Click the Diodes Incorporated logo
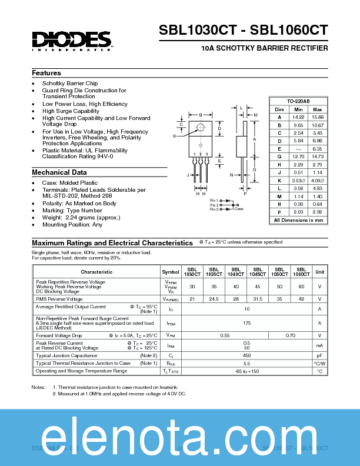click(72, 40)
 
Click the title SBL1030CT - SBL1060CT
click(243, 31)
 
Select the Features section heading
click(46, 73)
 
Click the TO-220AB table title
click(298, 101)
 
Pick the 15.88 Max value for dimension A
click(318, 118)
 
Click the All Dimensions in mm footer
click(298, 220)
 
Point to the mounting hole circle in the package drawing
click(201, 127)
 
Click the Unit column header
click(320, 272)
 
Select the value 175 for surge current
click(246, 323)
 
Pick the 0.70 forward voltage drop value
click(290, 335)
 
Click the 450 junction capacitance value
click(246, 355)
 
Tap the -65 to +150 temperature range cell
click(246, 371)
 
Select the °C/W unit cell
click(320, 364)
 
